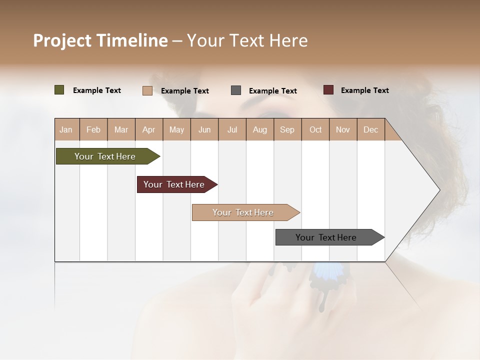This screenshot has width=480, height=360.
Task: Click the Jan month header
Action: click(x=66, y=129)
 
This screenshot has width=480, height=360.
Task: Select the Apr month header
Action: click(x=149, y=129)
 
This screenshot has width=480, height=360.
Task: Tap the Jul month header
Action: click(x=232, y=129)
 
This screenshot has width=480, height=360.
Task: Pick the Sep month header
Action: click(x=287, y=129)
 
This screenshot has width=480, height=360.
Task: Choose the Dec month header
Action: click(x=371, y=129)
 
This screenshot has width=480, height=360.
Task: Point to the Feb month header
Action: click(x=93, y=129)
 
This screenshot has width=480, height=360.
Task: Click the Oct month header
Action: click(x=315, y=129)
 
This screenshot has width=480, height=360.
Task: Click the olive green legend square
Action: click(x=59, y=90)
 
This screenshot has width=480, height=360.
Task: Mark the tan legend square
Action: click(x=147, y=90)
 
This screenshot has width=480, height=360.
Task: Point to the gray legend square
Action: click(x=236, y=90)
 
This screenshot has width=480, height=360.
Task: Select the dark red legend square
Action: click(x=328, y=90)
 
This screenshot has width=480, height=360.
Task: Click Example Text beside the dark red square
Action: click(x=364, y=90)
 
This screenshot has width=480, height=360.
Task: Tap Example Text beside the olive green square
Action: click(x=96, y=90)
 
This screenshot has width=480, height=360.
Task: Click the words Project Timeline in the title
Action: click(x=100, y=40)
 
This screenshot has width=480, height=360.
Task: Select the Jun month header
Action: click(x=204, y=129)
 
